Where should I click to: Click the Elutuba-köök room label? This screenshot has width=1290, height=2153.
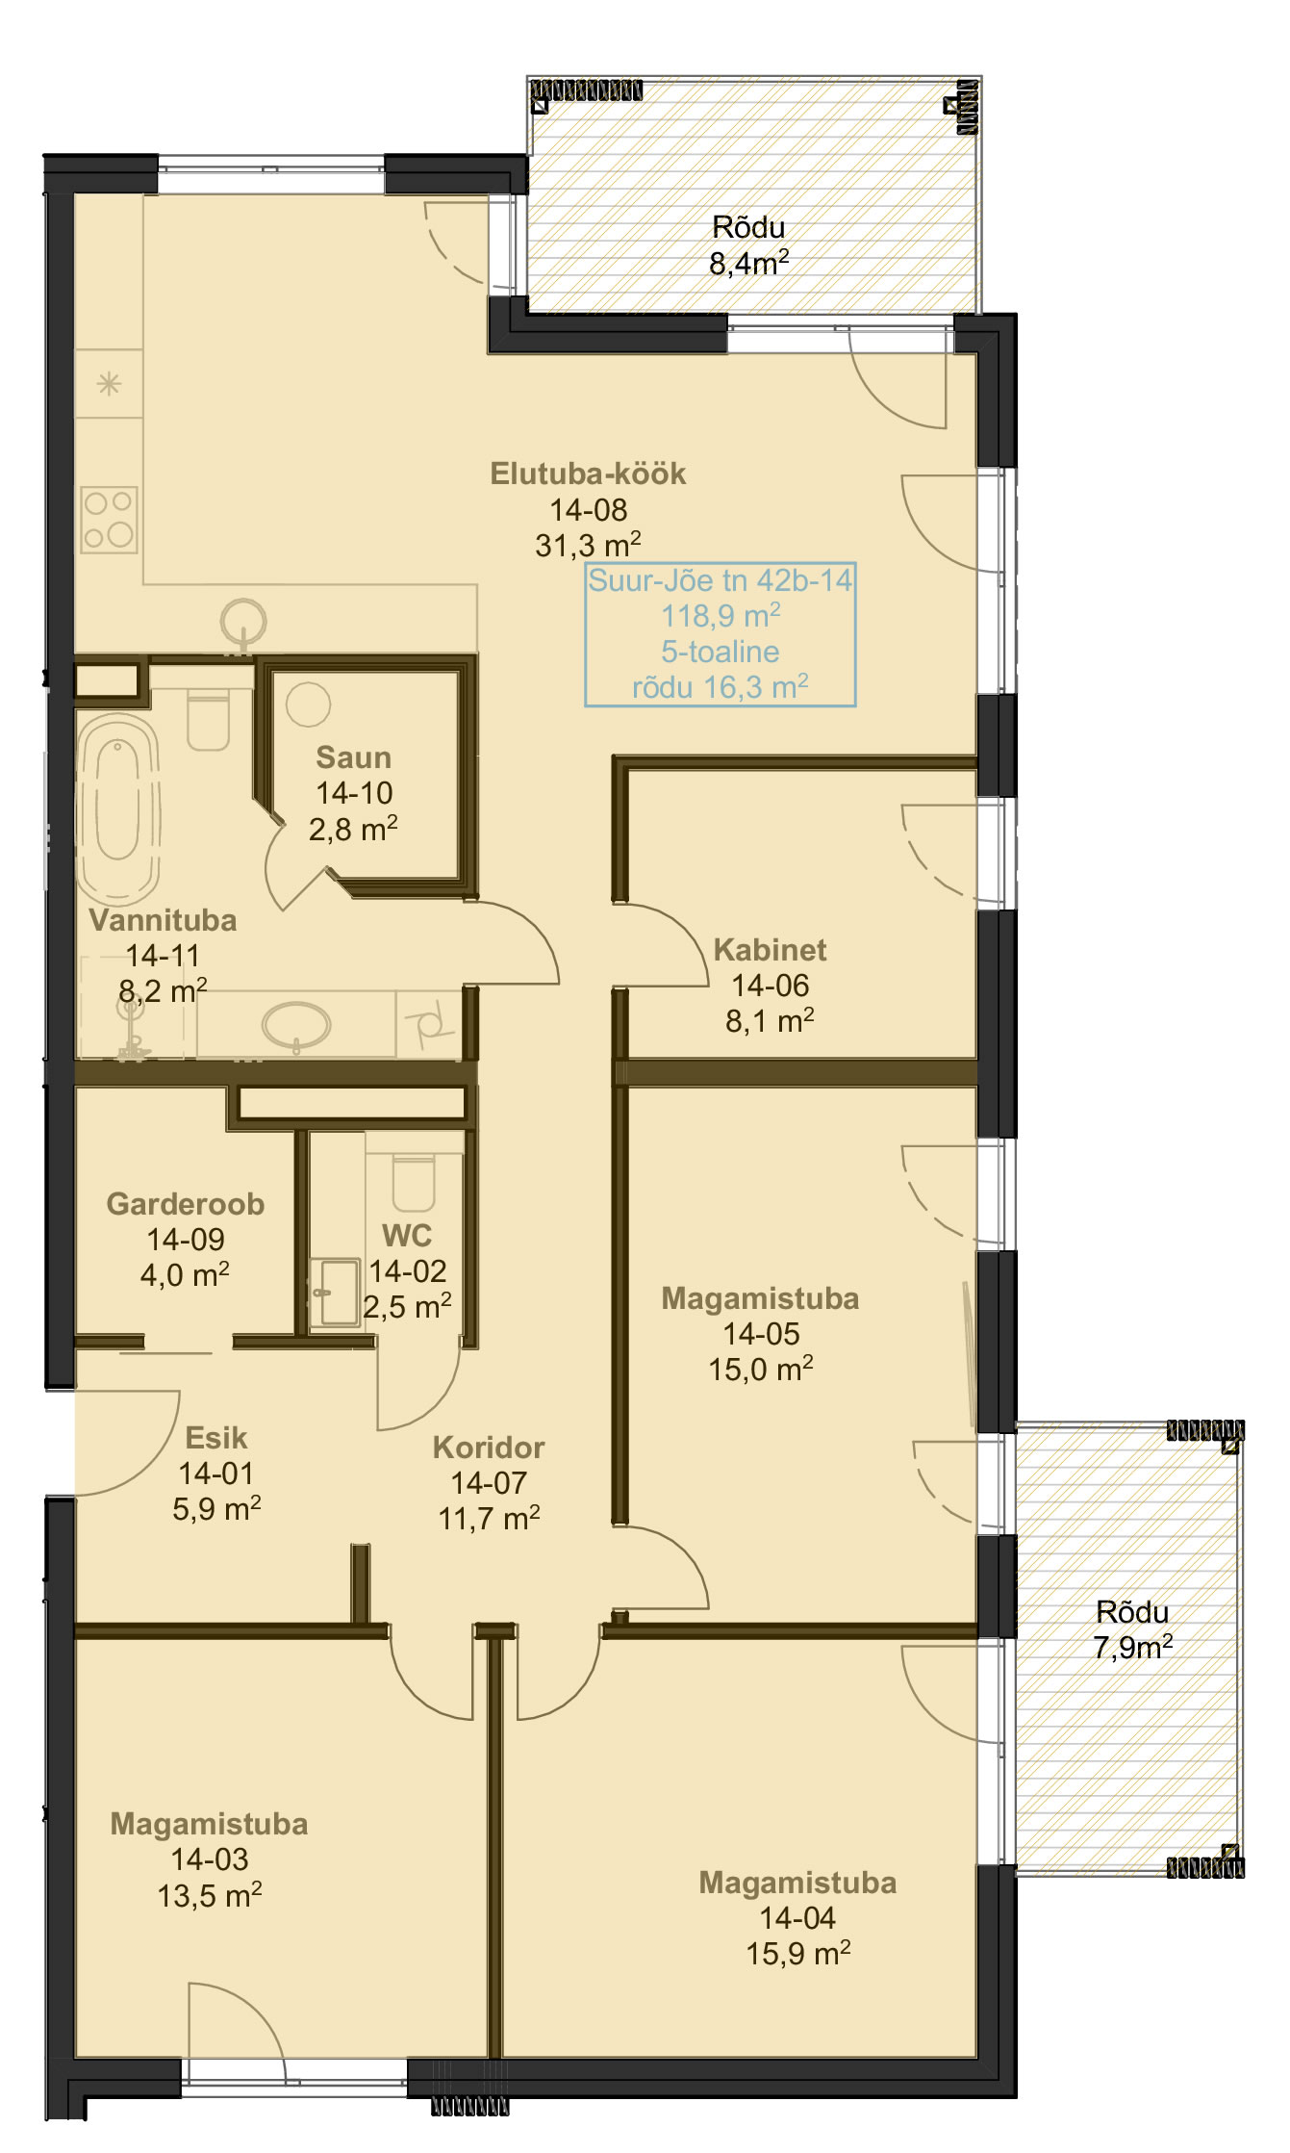pyautogui.click(x=588, y=474)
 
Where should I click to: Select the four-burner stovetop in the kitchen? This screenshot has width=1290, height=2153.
pyautogui.click(x=109, y=520)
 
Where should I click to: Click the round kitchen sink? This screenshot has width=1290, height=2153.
pyautogui.click(x=243, y=622)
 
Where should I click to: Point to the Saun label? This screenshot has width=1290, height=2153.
pyautogui.click(x=353, y=757)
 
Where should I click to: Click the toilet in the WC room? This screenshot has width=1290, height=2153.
pyautogui.click(x=414, y=1182)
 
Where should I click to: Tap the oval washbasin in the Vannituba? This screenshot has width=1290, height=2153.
pyautogui.click(x=296, y=1025)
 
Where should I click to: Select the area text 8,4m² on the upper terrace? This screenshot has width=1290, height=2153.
pyautogui.click(x=748, y=263)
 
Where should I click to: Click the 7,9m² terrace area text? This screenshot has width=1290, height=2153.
pyautogui.click(x=1132, y=1647)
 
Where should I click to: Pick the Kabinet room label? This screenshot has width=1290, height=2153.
pyautogui.click(x=770, y=950)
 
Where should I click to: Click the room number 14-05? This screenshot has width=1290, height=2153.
pyautogui.click(x=761, y=1334)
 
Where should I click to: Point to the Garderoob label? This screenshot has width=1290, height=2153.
pyautogui.click(x=185, y=1204)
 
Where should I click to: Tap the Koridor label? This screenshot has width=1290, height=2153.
pyautogui.click(x=489, y=1448)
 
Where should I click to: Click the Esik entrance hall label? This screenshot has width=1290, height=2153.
pyautogui.click(x=216, y=1438)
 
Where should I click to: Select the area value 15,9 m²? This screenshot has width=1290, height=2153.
pyautogui.click(x=798, y=1953)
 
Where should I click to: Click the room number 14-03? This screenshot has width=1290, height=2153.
pyautogui.click(x=210, y=1859)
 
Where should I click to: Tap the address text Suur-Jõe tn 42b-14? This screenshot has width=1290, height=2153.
pyautogui.click(x=721, y=580)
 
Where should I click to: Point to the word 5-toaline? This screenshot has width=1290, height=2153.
pyautogui.click(x=720, y=652)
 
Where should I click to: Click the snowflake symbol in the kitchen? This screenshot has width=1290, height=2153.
pyautogui.click(x=110, y=384)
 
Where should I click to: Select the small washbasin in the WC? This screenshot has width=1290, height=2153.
pyautogui.click(x=334, y=1293)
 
